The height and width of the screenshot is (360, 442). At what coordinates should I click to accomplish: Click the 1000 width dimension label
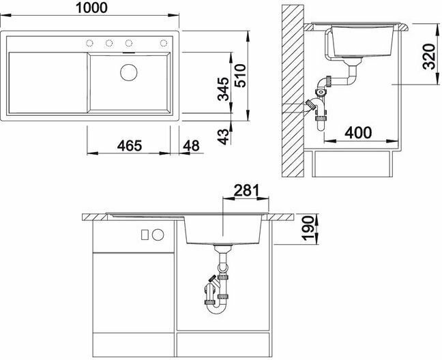tap(91, 7)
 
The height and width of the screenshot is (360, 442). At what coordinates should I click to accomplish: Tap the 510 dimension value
tap(240, 76)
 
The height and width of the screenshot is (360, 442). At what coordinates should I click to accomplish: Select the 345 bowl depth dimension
tap(223, 89)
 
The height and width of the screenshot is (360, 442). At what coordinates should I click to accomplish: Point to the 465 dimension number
tap(130, 146)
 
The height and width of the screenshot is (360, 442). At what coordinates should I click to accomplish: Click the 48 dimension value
tap(191, 146)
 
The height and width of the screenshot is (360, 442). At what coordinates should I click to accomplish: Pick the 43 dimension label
tap(223, 136)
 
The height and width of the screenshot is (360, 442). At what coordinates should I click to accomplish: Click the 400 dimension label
tap(358, 132)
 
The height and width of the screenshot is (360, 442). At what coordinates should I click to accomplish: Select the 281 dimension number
tap(246, 191)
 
